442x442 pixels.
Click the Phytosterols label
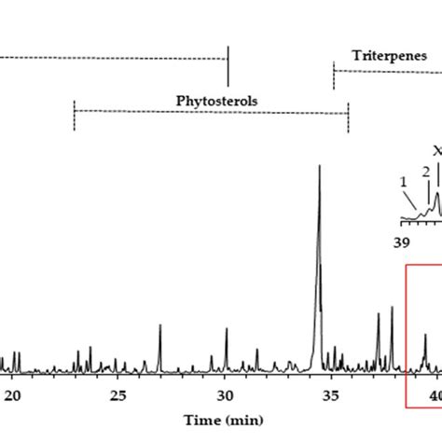tap(216, 99)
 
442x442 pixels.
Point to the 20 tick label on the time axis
tap(13, 395)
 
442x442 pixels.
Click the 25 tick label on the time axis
tap(118, 395)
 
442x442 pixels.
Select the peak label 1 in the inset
tap(404, 181)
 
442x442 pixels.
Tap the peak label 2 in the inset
tap(425, 172)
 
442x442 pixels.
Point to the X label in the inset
tap(437, 150)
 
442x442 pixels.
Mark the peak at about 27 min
tap(159, 325)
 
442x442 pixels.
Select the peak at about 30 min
tap(226, 329)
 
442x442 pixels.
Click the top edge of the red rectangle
tap(424, 266)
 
